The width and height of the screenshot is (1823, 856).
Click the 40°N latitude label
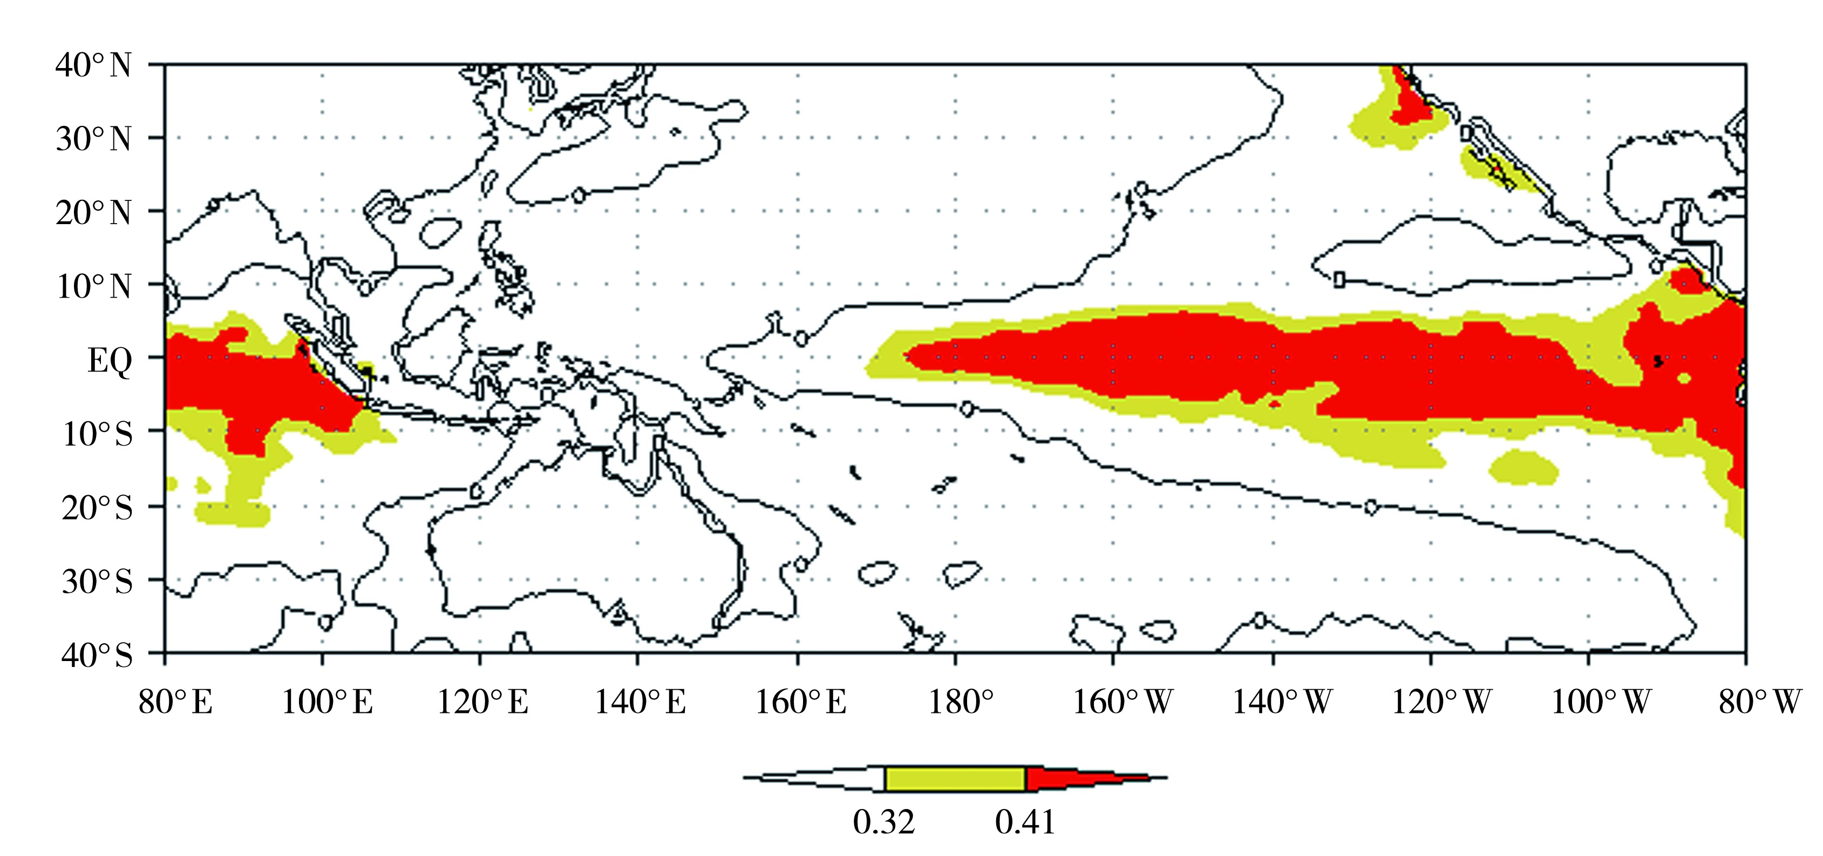[93, 66]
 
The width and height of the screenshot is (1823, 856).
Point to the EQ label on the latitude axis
[110, 361]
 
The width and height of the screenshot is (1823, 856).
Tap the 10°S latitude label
[98, 434]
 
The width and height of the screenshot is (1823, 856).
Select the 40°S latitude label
[97, 655]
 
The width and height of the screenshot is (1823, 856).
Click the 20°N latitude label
[93, 212]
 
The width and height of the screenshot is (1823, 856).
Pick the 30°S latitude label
[97, 581]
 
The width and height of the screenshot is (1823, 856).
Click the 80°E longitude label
[175, 703]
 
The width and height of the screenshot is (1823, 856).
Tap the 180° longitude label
[960, 703]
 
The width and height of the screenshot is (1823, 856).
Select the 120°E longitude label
[482, 703]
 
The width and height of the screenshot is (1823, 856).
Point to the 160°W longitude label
[1123, 703]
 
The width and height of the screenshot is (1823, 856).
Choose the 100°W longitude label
[1600, 703]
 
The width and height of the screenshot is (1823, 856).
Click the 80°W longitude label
[1759, 703]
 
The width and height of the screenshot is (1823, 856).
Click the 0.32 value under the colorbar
[884, 823]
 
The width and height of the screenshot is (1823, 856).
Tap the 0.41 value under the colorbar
[1025, 823]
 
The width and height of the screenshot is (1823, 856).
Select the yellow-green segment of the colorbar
[955, 779]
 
